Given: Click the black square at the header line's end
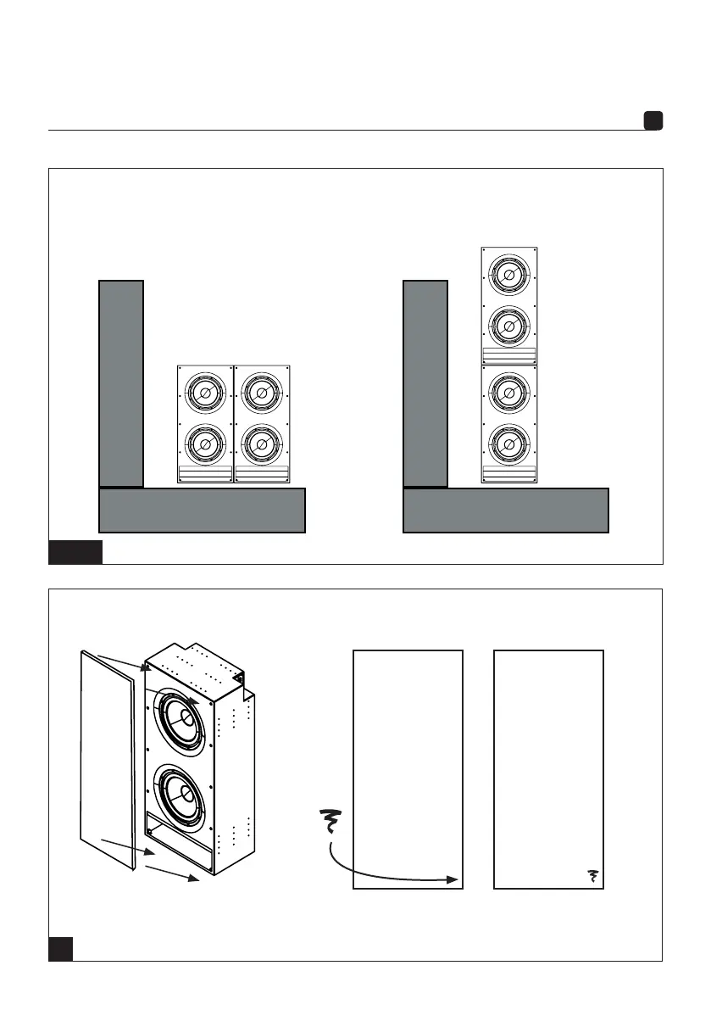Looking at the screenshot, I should click(x=653, y=121).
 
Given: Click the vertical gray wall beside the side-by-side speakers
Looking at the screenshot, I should click(x=121, y=383).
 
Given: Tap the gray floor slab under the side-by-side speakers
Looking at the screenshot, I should click(x=202, y=510).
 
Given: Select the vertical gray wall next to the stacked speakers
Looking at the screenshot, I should click(x=425, y=383).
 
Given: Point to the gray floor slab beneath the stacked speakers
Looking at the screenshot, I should click(x=505, y=510).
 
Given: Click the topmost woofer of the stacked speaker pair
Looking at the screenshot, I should click(x=508, y=275).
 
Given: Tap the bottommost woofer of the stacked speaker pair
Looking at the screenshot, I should click(x=508, y=443).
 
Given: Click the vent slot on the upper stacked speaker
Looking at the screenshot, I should click(x=508, y=355).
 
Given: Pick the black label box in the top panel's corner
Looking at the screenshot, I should click(x=75, y=551).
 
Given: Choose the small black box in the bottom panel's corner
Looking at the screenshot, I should click(x=60, y=948).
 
